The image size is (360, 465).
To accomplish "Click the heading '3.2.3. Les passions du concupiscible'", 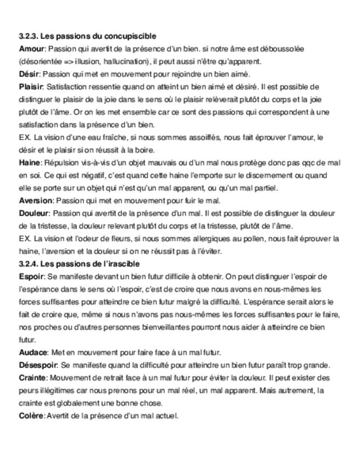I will point(87,36).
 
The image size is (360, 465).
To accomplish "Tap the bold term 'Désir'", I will point(29,74).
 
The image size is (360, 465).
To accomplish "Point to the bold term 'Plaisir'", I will point(31,87).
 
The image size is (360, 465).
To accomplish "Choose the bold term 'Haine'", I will point(30,163).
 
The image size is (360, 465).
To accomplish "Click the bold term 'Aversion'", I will point(35,201).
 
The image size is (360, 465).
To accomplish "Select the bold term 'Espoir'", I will point(31,276).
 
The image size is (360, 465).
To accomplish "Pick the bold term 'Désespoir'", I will point(38,365).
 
